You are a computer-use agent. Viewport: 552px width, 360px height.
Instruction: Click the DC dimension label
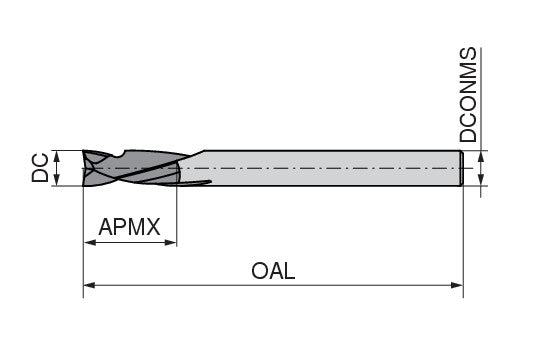[40, 168]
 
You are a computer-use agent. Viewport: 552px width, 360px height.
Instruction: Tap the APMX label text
[130, 227]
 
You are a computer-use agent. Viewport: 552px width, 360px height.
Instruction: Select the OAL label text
[273, 271]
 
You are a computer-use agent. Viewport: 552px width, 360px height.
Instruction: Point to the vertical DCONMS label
[468, 94]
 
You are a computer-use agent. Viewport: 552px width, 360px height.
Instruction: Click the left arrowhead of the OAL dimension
[89, 285]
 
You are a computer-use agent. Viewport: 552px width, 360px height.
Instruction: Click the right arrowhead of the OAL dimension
[457, 285]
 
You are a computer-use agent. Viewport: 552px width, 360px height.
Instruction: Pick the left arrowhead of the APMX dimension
[90, 242]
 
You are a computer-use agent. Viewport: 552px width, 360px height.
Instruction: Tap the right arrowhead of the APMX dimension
[170, 242]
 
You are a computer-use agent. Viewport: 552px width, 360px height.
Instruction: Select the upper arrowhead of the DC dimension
[56, 156]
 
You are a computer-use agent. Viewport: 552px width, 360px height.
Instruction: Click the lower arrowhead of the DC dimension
[56, 179]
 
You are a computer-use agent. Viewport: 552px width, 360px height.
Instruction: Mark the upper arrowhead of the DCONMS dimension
[481, 157]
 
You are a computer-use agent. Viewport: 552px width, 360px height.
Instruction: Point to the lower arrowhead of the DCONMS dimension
[481, 179]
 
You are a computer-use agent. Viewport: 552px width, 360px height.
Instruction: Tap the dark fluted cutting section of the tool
[134, 168]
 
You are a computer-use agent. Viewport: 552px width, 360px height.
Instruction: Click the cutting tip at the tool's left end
[84, 168]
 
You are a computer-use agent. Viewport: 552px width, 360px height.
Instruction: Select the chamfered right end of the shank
[461, 168]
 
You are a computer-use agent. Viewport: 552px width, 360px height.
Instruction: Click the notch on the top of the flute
[120, 154]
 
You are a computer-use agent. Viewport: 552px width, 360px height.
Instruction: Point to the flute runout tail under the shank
[194, 183]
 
